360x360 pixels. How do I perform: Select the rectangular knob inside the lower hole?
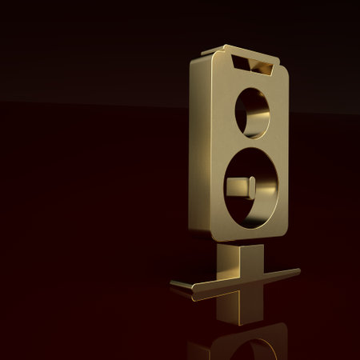pos(241,187)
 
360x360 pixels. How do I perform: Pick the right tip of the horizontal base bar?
pos(297,271)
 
